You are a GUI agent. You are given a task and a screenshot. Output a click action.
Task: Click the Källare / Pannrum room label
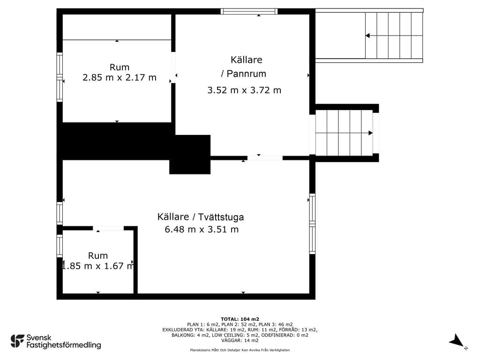tap(244, 67)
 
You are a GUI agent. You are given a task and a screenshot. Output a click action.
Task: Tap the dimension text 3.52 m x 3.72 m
tap(244, 90)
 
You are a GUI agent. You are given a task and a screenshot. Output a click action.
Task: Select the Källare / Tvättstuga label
tap(201, 217)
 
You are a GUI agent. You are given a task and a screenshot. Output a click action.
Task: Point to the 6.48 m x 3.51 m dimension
tap(202, 229)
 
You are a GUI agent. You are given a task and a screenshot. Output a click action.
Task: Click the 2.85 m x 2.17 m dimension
tap(120, 77)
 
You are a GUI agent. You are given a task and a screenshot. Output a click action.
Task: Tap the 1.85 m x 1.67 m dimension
tap(98, 266)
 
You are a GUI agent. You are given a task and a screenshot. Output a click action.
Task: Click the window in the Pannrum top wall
tap(249, 11)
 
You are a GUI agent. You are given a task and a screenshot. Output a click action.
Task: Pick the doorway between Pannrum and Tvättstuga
tap(265, 158)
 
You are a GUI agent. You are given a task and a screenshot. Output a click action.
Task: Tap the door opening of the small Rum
tap(108, 228)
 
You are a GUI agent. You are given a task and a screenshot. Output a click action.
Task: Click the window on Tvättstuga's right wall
tap(312, 224)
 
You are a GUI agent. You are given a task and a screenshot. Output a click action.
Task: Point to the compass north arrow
tap(457, 340)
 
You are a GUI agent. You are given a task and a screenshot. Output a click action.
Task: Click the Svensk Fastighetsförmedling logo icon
tap(17, 341)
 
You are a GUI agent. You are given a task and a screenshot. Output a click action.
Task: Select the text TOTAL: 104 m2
tap(240, 319)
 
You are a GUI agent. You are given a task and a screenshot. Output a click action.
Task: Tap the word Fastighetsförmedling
tap(64, 345)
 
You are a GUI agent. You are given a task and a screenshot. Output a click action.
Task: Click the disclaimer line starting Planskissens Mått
tap(240, 350)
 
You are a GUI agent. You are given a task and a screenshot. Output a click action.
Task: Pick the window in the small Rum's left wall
tap(60, 246)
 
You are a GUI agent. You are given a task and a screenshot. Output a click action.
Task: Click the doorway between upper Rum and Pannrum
tap(173, 67)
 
